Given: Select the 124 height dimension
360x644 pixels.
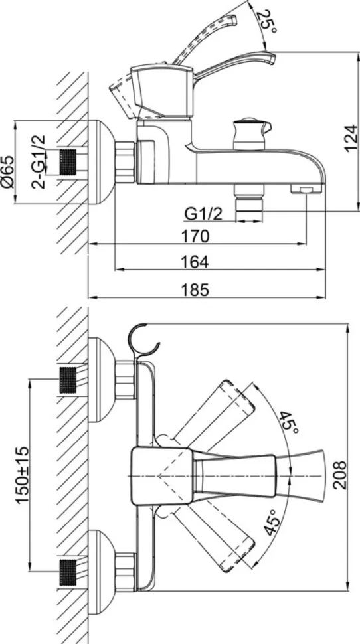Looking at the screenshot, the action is click(x=351, y=138).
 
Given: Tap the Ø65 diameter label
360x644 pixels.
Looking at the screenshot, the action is click(x=7, y=172).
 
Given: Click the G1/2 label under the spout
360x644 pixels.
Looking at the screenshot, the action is click(x=203, y=214).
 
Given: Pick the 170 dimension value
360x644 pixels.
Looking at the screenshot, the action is click(x=196, y=236).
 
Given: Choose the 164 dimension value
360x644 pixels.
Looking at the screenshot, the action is click(x=196, y=262).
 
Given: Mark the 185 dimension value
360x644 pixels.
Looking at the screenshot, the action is click(x=196, y=290).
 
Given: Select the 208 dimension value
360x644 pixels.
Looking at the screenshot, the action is click(x=340, y=475).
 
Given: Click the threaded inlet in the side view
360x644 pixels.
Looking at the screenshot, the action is click(x=68, y=163).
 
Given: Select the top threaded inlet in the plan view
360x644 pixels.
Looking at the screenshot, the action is click(x=68, y=380).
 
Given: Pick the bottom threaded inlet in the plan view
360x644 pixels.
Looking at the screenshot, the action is click(x=68, y=572).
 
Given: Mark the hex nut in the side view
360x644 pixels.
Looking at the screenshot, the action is click(x=125, y=162).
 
